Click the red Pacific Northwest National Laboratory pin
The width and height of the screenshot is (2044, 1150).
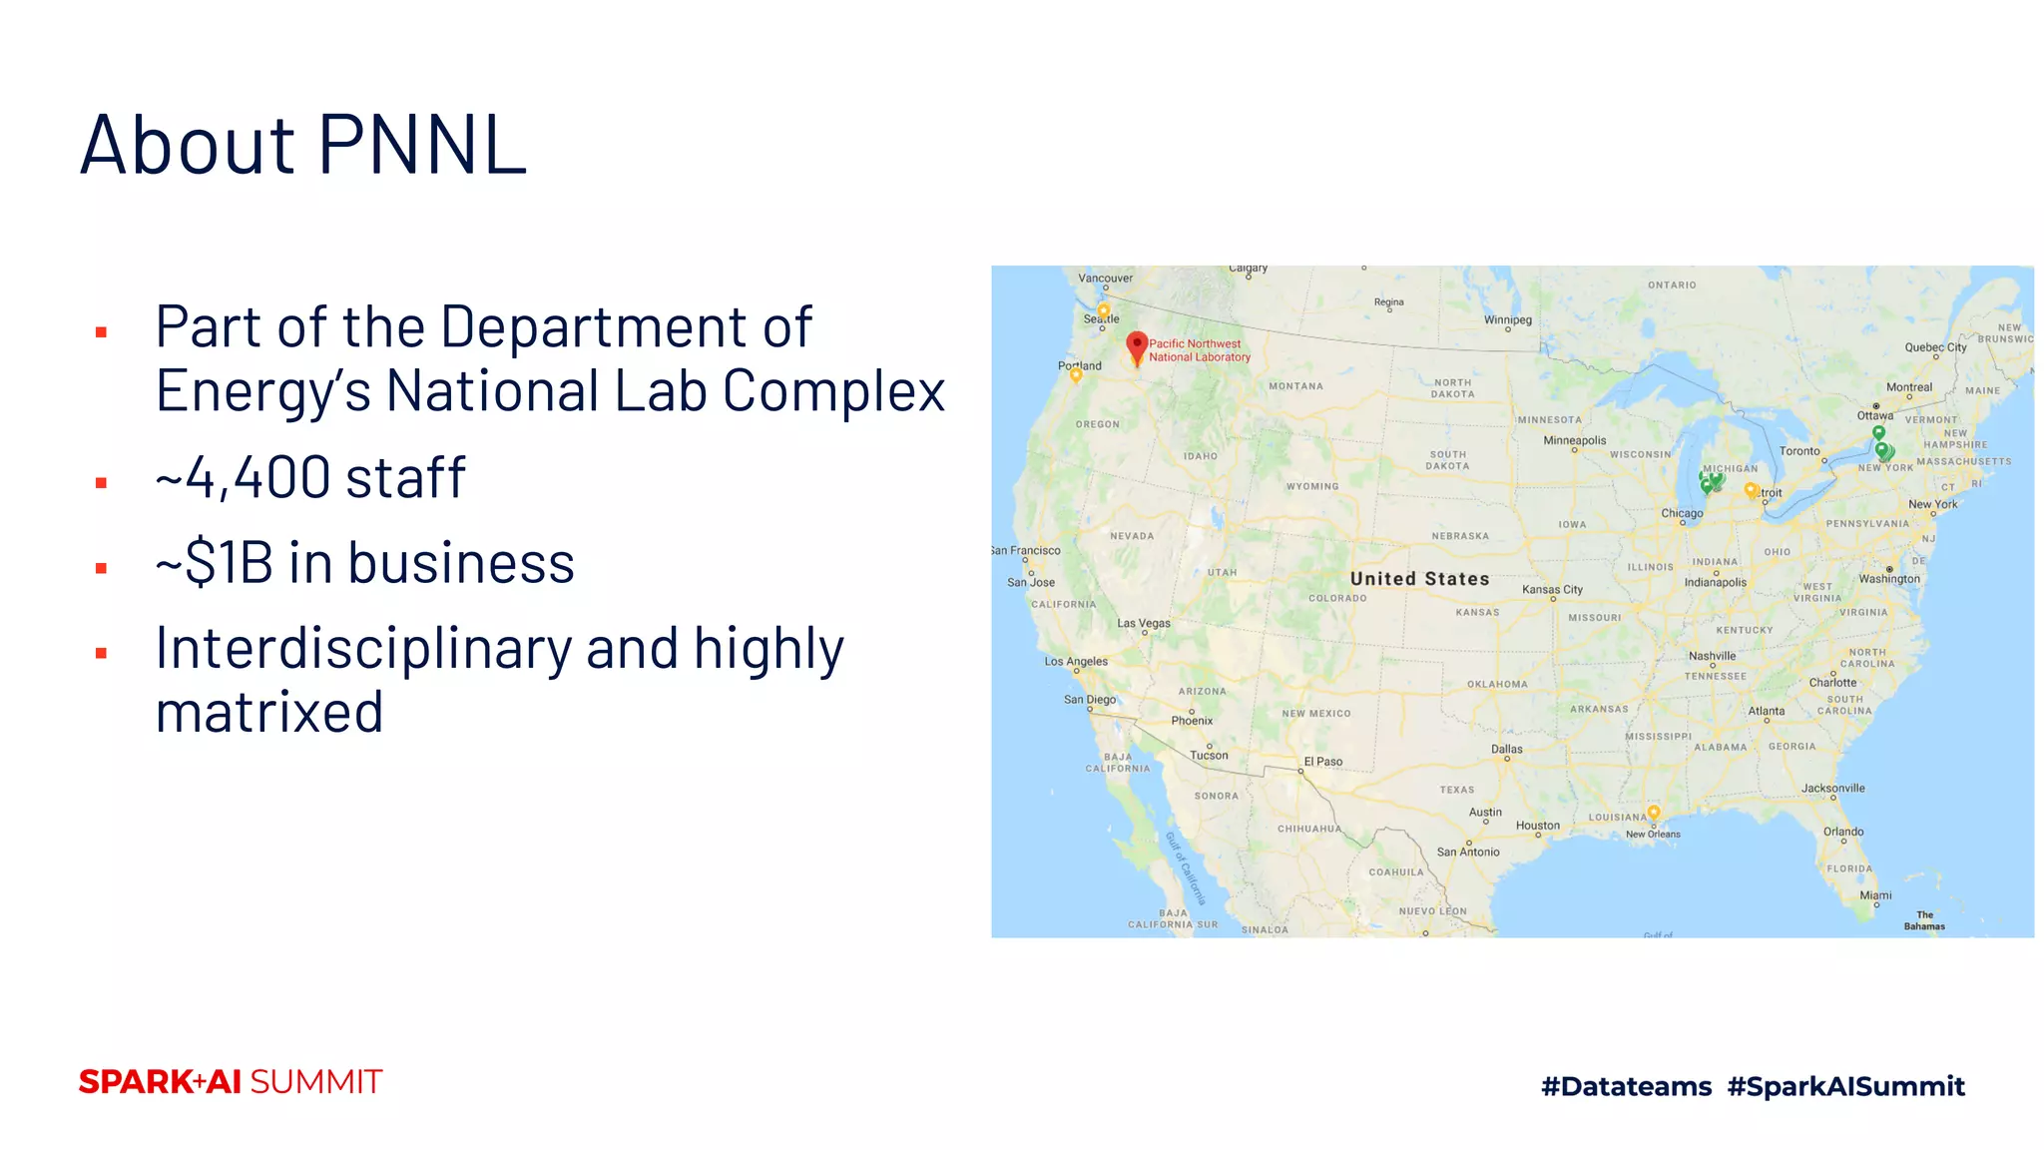[1136, 346]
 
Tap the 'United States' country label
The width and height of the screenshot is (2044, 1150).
[1419, 579]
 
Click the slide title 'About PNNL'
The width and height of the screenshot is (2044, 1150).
[303, 145]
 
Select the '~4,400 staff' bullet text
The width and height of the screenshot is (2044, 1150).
[310, 477]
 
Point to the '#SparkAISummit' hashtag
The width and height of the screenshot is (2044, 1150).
[1845, 1086]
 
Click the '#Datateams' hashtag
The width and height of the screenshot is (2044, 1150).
[1626, 1086]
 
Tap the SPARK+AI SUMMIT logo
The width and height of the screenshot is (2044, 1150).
[231, 1082]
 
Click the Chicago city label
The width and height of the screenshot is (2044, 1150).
[1682, 513]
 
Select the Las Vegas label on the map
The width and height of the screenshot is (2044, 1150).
[1144, 623]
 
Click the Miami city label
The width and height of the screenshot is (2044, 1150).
[1874, 895]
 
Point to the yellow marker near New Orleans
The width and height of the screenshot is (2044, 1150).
[1654, 813]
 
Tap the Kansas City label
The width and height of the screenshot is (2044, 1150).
[1552, 589]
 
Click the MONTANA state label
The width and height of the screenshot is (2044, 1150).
[1295, 386]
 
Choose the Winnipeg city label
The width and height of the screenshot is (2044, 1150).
[1507, 320]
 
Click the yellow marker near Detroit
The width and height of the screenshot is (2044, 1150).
[1750, 489]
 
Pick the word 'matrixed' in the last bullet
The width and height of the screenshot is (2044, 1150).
[269, 712]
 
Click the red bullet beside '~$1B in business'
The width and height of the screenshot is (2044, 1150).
[101, 568]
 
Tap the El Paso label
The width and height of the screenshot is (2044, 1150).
[1322, 762]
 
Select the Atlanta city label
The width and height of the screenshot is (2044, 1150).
[1766, 711]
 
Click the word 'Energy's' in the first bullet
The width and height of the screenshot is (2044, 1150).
[263, 390]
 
